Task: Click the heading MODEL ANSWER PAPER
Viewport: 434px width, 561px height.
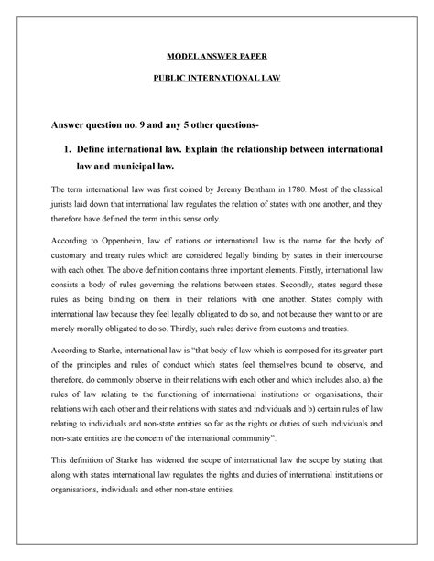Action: click(217, 56)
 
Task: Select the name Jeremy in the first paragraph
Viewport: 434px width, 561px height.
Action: click(246, 190)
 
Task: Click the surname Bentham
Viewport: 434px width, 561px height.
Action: click(283, 190)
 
